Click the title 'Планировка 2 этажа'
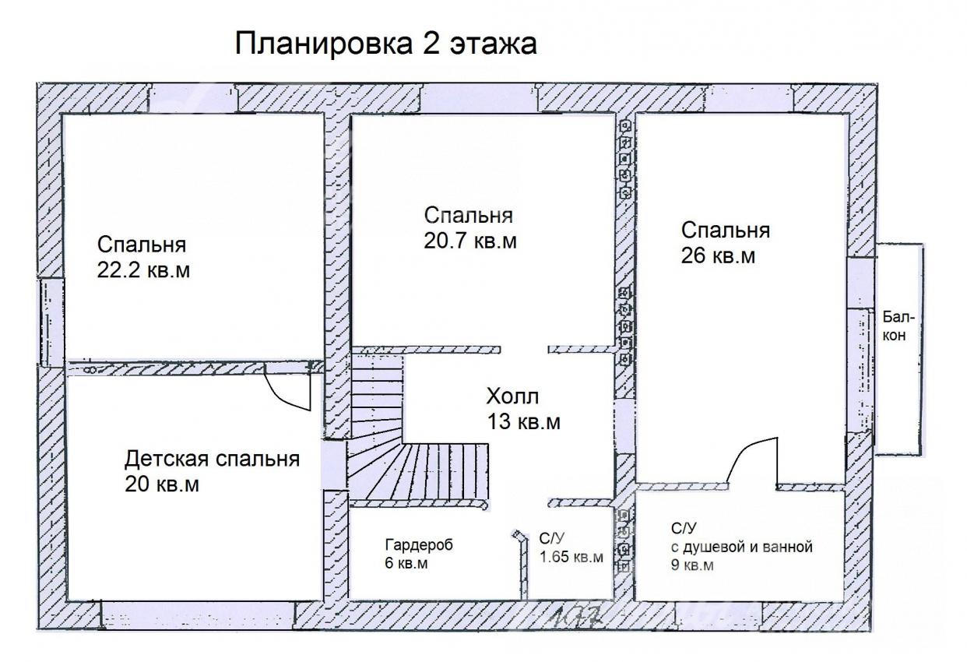click(385, 44)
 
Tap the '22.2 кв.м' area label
click(143, 271)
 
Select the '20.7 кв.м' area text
click(470, 241)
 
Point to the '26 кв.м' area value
click(718, 255)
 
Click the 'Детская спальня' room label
click(212, 459)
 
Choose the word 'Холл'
click(512, 396)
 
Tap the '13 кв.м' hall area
click(524, 421)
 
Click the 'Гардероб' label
click(419, 545)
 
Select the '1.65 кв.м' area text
click(571, 557)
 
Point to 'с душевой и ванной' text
click(742, 548)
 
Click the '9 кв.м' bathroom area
click(692, 565)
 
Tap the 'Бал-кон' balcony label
click(898, 326)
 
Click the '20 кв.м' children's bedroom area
click(162, 484)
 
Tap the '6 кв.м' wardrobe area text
click(406, 564)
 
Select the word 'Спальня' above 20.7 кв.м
click(469, 216)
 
